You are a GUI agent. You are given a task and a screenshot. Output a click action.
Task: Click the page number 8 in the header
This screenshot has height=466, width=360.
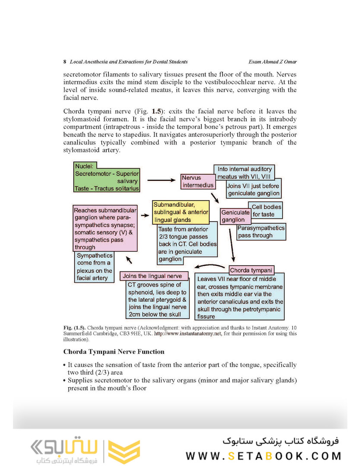[x=64, y=62]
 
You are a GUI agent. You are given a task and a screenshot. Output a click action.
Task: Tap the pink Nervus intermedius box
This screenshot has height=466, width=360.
[x=198, y=182]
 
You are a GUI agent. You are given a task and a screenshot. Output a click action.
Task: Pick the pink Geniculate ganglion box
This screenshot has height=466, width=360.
[x=236, y=216]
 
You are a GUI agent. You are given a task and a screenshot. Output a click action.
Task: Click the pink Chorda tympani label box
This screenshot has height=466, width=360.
[x=251, y=271]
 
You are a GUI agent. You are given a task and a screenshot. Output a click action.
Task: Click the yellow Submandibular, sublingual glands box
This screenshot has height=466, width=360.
[x=181, y=212]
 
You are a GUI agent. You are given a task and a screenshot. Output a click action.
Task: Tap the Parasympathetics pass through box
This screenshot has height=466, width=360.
[x=261, y=232]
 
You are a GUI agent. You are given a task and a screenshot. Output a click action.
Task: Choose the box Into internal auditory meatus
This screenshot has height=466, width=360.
[x=244, y=173]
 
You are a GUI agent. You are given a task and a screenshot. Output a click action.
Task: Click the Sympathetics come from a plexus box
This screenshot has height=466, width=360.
[x=94, y=267]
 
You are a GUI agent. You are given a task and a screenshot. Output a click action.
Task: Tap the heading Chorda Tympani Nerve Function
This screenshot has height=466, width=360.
[x=114, y=352]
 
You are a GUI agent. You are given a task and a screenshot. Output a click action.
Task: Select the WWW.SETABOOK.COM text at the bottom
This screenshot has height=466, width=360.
[x=264, y=456]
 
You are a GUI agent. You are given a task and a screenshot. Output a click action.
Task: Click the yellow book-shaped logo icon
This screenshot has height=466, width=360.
[x=123, y=451]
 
